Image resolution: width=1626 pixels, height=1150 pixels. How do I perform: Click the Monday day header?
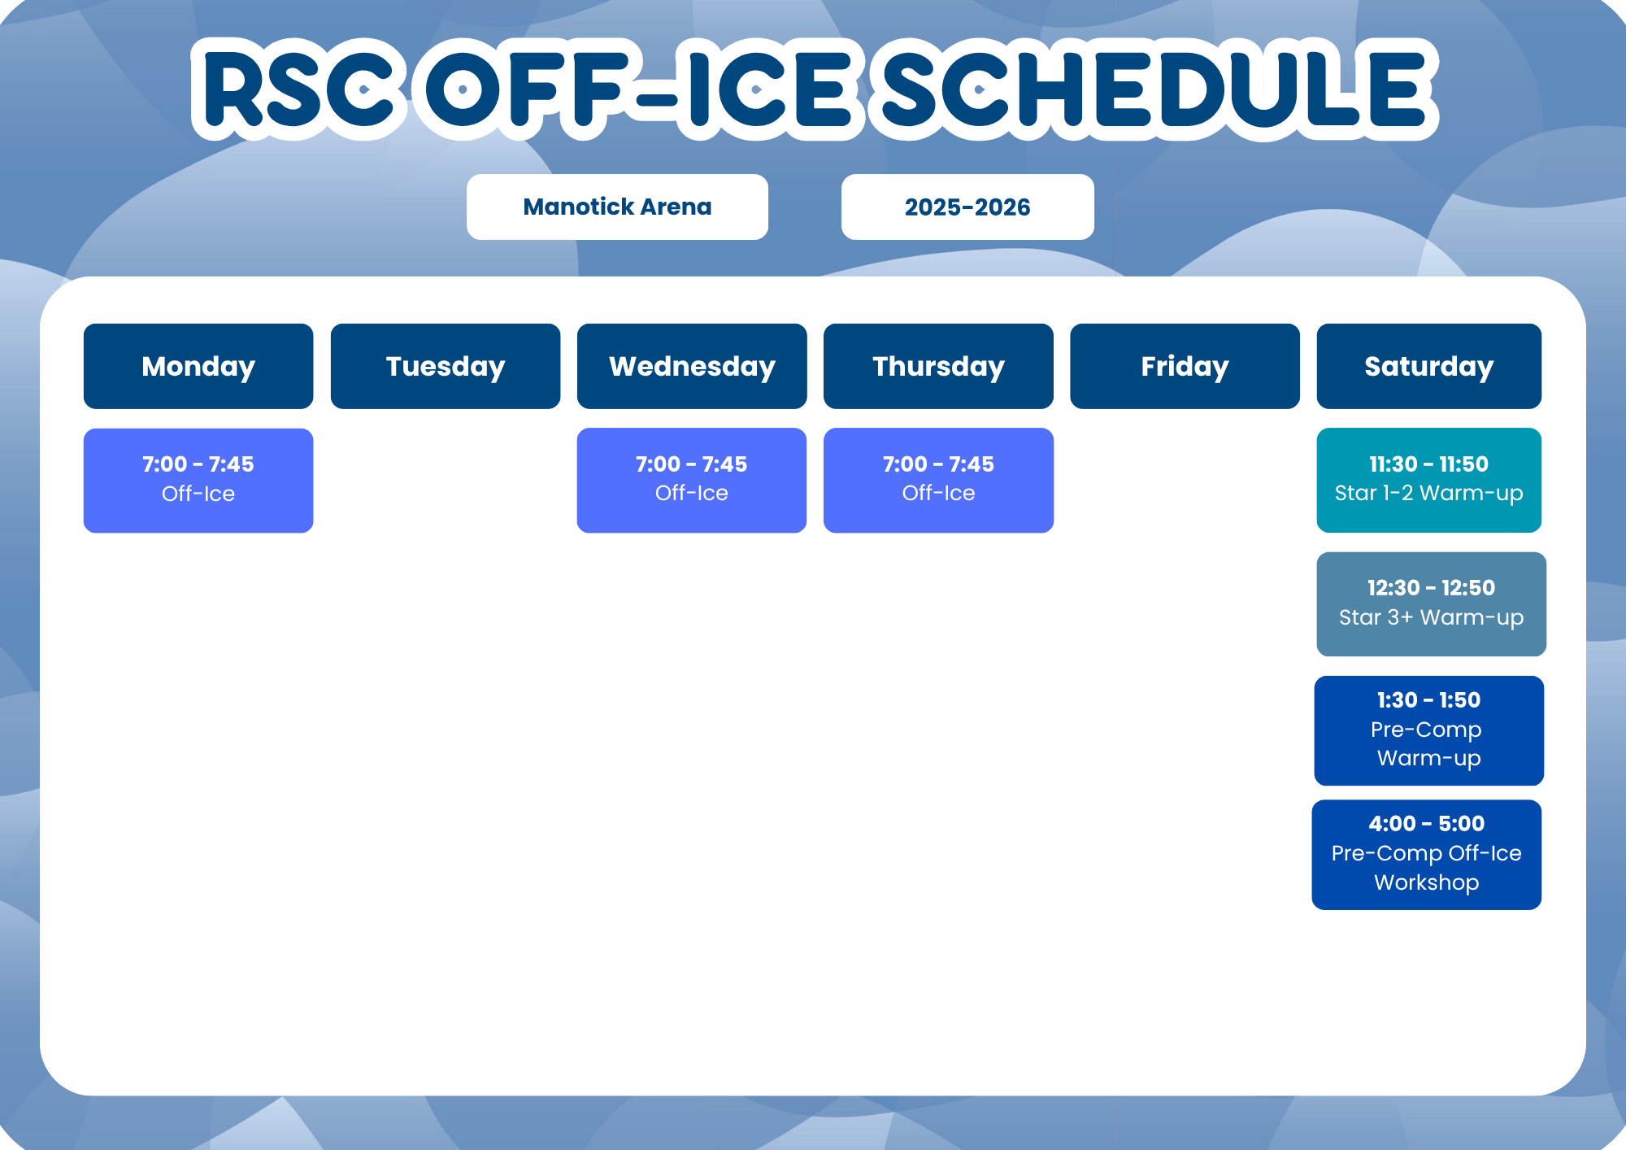(x=198, y=366)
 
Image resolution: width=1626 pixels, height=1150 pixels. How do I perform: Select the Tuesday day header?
(x=446, y=366)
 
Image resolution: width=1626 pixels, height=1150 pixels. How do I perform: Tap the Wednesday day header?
(x=692, y=366)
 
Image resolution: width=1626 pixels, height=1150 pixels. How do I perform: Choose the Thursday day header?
(x=938, y=366)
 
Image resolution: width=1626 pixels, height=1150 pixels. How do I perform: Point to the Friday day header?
(x=1185, y=366)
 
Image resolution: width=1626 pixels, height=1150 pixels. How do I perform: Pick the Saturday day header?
(x=1429, y=366)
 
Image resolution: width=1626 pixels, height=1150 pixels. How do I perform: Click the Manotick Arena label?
(x=617, y=207)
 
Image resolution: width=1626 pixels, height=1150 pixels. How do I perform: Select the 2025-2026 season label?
(x=967, y=207)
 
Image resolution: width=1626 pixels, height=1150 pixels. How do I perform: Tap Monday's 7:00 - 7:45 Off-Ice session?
(x=198, y=481)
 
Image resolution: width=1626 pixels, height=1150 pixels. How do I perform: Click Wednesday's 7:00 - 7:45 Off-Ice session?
(x=692, y=481)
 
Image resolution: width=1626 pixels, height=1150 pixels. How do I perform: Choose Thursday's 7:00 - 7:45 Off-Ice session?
(x=938, y=481)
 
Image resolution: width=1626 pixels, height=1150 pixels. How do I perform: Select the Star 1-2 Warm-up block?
(x=1429, y=481)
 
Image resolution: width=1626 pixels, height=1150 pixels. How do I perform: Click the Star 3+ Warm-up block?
(x=1432, y=604)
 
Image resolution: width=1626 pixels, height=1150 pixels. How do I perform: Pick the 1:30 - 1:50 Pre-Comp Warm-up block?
(x=1429, y=730)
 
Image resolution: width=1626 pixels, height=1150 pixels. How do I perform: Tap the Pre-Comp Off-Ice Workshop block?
(x=1427, y=855)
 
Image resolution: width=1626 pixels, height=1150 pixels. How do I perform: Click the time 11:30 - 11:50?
(x=1429, y=464)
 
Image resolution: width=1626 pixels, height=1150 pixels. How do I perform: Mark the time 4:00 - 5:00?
(x=1427, y=824)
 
